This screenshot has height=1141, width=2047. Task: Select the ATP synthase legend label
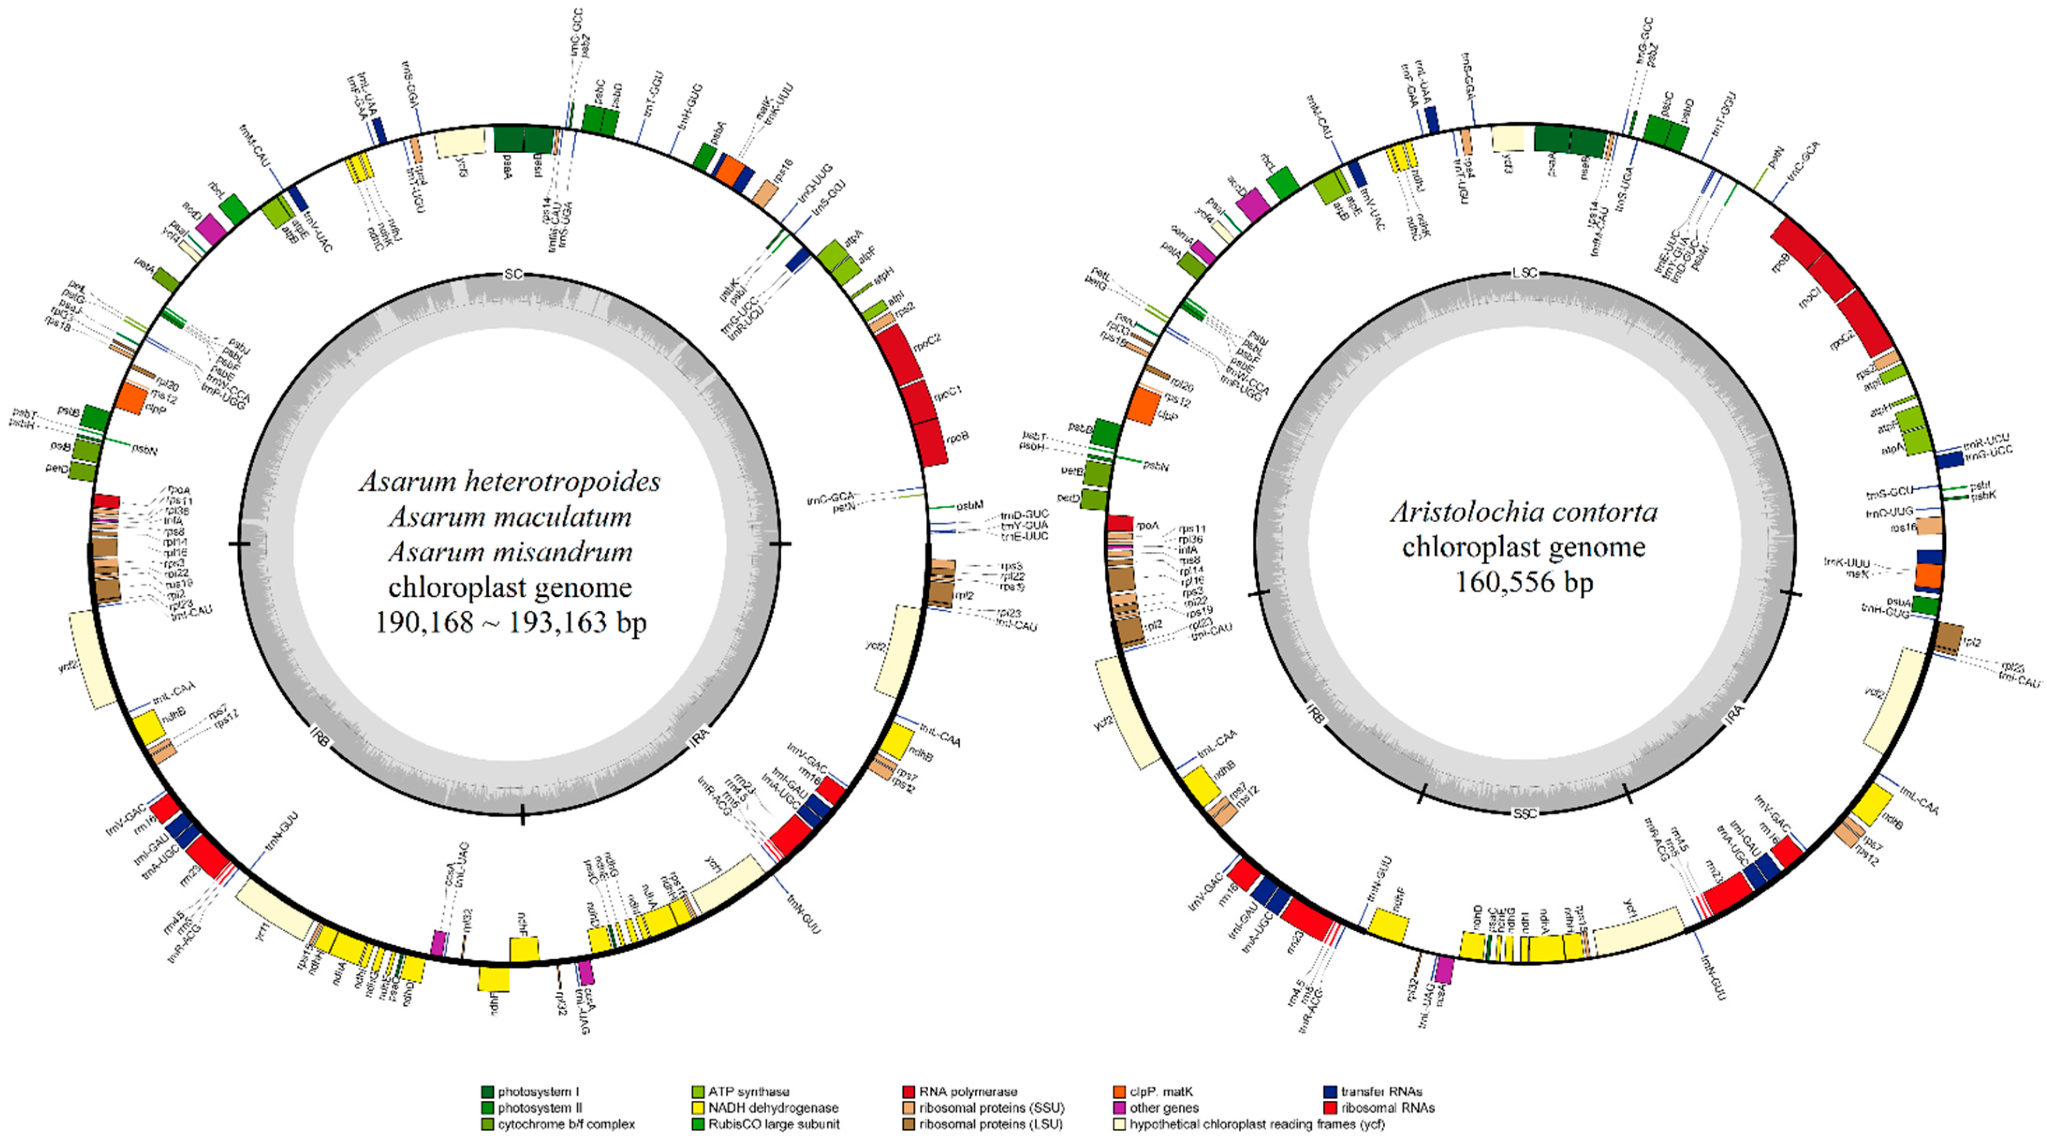tap(748, 1092)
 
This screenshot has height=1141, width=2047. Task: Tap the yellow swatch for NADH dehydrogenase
tap(698, 1108)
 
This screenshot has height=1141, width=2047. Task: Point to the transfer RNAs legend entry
tap(1381, 1092)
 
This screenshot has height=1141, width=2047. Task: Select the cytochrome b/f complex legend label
tap(566, 1124)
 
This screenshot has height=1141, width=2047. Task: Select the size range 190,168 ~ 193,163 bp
tap(510, 622)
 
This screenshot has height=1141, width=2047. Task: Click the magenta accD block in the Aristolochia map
tap(1253, 204)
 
